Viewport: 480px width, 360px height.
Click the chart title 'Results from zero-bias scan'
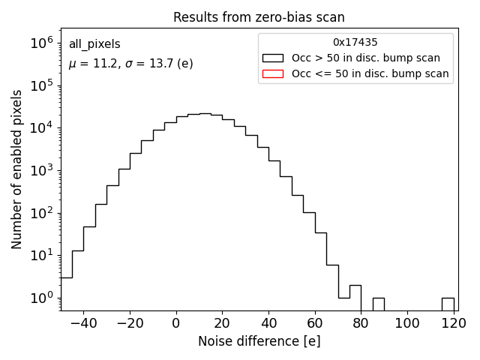tap(259, 17)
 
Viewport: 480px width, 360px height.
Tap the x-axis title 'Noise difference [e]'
tap(259, 341)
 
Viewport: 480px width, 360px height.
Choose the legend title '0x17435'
tap(355, 43)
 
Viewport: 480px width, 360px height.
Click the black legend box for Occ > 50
tap(273, 58)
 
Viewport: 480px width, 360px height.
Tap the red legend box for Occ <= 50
tap(273, 73)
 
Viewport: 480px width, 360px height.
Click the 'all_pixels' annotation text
tap(94, 44)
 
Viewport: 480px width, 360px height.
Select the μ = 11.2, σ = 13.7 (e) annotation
tap(130, 64)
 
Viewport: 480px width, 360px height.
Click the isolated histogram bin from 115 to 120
tap(448, 304)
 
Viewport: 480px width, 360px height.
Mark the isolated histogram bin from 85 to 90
tap(379, 304)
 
